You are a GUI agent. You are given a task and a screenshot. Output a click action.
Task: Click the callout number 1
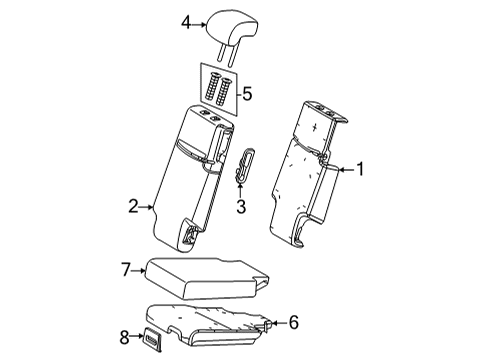(x=362, y=170)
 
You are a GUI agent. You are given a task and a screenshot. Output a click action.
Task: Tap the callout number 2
(x=133, y=207)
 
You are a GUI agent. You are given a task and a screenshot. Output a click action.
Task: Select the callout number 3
(x=240, y=206)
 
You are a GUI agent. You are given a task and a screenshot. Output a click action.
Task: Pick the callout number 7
(x=127, y=268)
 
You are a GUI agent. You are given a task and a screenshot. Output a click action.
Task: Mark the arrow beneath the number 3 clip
(x=240, y=189)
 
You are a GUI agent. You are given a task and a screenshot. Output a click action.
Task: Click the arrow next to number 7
(x=140, y=268)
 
